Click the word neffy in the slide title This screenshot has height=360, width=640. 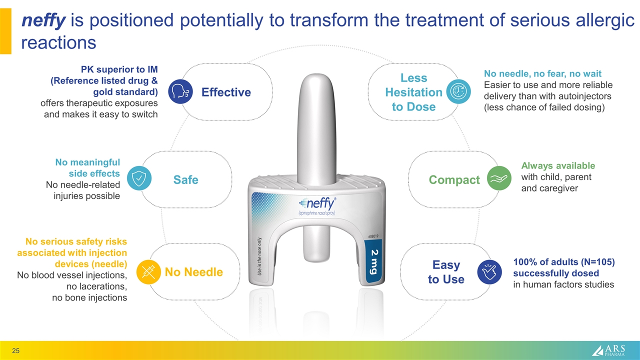[x=43, y=21]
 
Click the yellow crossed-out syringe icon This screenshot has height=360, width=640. [x=147, y=271]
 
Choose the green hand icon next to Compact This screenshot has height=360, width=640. [x=498, y=179]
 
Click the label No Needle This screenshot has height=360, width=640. [x=193, y=272]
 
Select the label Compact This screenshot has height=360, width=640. [x=454, y=179]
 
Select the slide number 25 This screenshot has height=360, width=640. [x=16, y=350]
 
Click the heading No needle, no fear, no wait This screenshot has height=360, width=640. [x=542, y=73]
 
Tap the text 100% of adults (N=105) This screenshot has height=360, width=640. [x=563, y=262]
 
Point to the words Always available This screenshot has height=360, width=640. [x=558, y=165]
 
